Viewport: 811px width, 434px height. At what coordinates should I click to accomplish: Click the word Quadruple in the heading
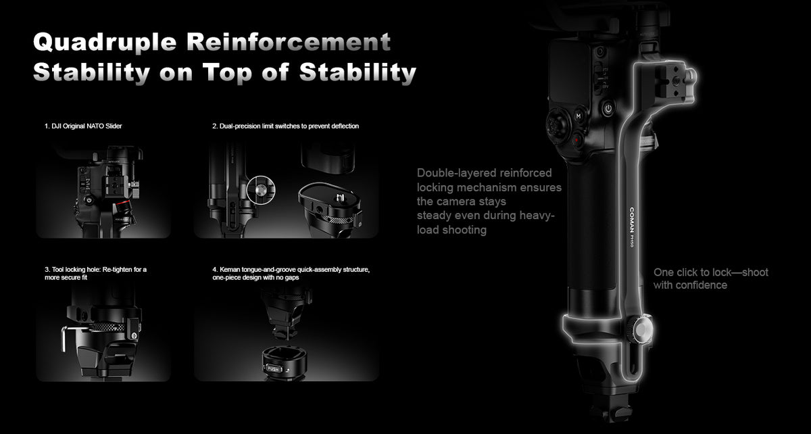coord(105,43)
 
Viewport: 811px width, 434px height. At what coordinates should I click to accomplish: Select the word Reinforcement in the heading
coord(289,41)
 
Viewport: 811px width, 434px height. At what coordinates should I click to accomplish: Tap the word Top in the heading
coord(227,72)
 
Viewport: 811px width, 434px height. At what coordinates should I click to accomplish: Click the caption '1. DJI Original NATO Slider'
coord(83,126)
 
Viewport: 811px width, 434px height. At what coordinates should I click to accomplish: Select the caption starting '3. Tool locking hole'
coord(95,274)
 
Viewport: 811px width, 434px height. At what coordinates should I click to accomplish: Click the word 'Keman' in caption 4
coord(230,270)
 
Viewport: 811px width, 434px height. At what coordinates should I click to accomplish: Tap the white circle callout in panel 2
coord(261,190)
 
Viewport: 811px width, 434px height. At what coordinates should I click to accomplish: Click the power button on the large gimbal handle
coord(608,108)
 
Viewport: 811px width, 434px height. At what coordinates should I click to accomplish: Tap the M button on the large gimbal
coord(579,116)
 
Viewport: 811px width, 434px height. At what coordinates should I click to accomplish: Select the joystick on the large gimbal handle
coord(558,125)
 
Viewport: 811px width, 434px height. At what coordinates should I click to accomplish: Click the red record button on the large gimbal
coord(576,140)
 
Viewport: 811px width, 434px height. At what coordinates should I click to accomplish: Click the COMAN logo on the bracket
coord(632,220)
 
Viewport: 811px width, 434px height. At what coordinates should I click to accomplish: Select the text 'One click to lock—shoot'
coord(711,272)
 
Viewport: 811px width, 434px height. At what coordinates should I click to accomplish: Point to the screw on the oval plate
coord(339,198)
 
